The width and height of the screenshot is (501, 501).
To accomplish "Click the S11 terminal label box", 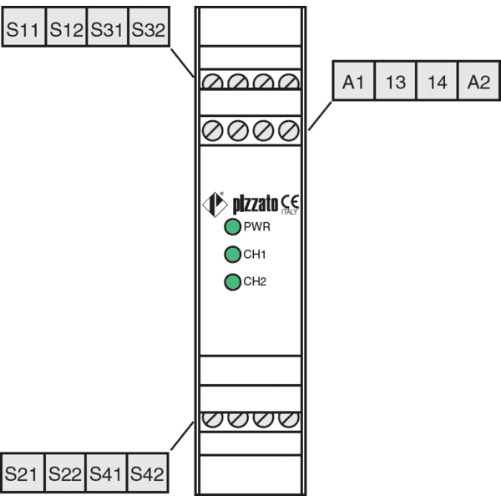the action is tap(24, 27).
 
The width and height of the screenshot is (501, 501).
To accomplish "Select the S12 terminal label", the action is tap(67, 27).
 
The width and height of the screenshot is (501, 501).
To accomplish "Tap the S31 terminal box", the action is tap(108, 27).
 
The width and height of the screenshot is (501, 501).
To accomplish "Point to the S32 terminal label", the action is tap(149, 27).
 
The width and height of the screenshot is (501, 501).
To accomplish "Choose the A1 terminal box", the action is tap(353, 81).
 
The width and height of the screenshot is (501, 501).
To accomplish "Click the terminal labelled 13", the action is tap(396, 81).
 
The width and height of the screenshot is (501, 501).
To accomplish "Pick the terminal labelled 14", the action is tap(437, 81).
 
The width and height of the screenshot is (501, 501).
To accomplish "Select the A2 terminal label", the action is tap(479, 81).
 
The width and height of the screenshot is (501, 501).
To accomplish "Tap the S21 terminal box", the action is tap(23, 473).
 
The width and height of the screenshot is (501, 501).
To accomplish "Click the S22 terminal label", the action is tap(65, 473).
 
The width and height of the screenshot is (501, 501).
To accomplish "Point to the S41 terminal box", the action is tap(106, 473).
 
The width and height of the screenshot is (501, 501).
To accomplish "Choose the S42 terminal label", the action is tap(147, 473).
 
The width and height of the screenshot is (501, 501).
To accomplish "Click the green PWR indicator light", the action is tap(233, 227).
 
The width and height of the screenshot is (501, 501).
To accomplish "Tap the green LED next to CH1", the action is tap(233, 255).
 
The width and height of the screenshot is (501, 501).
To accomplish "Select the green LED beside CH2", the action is tap(233, 282).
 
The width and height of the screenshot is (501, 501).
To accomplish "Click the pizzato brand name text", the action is tap(256, 205).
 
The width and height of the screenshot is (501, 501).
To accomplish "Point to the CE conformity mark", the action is tap(290, 202).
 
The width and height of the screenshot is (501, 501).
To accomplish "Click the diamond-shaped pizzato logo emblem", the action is tap(215, 205).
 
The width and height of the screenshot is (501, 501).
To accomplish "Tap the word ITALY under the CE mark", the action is tap(290, 212).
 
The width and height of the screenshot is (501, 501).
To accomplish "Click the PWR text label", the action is tap(257, 227).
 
